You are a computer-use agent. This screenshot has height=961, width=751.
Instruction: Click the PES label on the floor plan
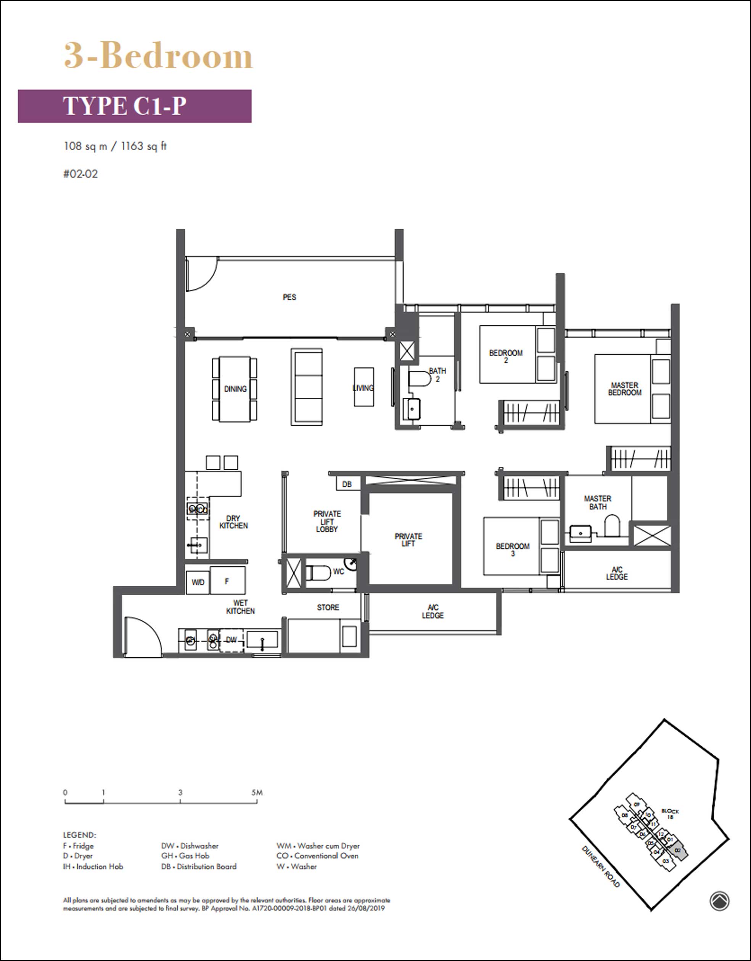289,297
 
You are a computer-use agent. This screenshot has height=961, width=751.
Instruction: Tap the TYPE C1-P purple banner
135,106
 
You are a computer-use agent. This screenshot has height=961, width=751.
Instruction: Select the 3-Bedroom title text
158,56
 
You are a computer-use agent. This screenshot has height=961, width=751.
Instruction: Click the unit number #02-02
80,174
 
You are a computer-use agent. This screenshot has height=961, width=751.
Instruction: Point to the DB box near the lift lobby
347,484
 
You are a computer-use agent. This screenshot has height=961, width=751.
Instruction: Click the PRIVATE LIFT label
408,540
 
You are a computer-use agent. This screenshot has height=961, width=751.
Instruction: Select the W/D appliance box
198,582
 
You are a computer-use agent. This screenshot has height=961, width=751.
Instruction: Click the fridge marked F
228,581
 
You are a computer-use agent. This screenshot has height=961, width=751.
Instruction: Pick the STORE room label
328,607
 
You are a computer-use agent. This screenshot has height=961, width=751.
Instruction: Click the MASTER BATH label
597,503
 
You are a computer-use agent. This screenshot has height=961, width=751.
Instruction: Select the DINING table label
235,389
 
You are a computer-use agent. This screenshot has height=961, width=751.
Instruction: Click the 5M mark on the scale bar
257,792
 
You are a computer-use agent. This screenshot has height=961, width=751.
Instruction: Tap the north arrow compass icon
719,901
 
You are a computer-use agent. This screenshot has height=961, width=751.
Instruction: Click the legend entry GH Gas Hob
185,856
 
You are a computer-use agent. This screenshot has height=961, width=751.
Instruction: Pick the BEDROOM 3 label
512,550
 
